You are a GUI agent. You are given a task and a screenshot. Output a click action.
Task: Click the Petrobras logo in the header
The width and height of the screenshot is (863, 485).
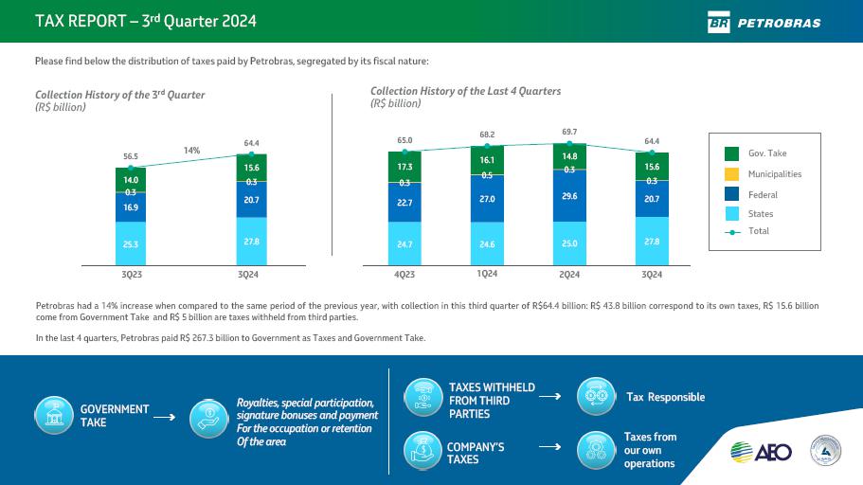pyautogui.click(x=764, y=23)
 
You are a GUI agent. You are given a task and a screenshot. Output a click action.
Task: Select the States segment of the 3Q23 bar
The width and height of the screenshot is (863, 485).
pyautogui.click(x=131, y=243)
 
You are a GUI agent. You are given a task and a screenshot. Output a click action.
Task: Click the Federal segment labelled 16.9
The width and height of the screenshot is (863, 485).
pyautogui.click(x=131, y=207)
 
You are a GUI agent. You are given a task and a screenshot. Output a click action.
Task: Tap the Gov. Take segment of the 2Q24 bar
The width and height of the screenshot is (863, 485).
pyautogui.click(x=569, y=156)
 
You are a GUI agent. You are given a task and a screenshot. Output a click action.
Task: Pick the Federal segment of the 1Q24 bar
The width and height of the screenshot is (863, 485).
pyautogui.click(x=487, y=200)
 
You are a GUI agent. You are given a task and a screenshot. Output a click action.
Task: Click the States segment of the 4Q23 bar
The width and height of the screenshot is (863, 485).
pyautogui.click(x=405, y=243)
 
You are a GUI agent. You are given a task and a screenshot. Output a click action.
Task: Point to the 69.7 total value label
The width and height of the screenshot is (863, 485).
pyautogui.click(x=569, y=132)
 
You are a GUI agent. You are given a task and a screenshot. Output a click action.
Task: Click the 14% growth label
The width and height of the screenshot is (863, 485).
pyautogui.click(x=192, y=150)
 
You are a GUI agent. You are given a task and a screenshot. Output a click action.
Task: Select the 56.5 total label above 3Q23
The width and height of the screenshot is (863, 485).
pyautogui.click(x=131, y=156)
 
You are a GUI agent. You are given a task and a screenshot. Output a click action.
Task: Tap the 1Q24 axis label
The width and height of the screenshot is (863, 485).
pyautogui.click(x=487, y=274)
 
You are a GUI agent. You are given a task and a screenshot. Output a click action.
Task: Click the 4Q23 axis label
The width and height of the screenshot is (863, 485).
pyautogui.click(x=405, y=275)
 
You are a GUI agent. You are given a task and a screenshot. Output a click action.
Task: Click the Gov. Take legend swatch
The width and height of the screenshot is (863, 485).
pyautogui.click(x=732, y=153)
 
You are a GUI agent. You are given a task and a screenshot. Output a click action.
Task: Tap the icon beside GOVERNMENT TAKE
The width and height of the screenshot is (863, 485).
pyautogui.click(x=53, y=415)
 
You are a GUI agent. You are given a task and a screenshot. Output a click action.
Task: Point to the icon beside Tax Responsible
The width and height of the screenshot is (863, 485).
pyautogui.click(x=596, y=396)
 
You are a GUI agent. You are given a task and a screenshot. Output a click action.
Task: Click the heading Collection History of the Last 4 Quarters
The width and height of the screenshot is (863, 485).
pyautogui.click(x=465, y=91)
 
